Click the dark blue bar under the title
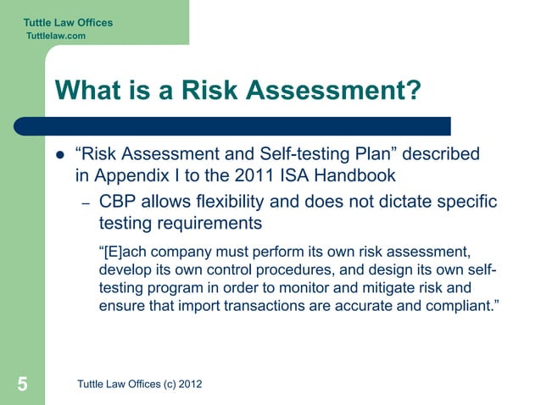click(246, 126)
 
